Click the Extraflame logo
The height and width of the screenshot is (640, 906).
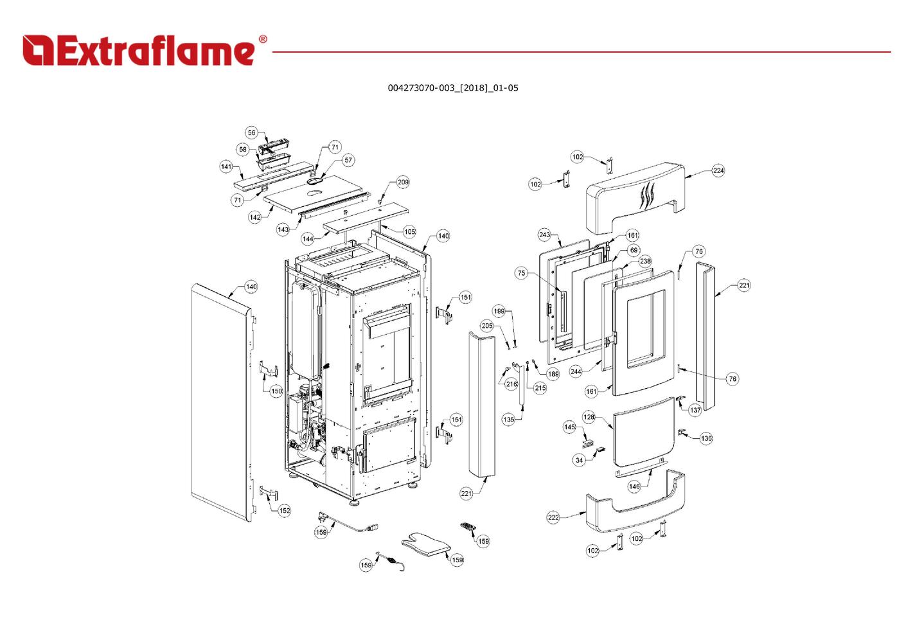click(138, 50)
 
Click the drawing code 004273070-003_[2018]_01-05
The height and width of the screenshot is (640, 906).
click(452, 88)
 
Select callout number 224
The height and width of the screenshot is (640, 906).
click(718, 170)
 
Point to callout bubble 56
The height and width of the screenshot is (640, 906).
click(251, 133)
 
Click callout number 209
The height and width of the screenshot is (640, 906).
click(403, 182)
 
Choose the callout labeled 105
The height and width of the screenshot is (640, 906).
click(409, 231)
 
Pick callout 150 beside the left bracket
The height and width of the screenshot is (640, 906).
click(276, 391)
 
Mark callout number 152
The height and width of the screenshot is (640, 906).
click(284, 510)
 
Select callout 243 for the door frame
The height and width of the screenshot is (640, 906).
click(545, 235)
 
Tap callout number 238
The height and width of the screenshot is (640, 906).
click(645, 261)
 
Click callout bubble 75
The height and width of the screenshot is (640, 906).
click(521, 273)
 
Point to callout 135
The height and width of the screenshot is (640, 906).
click(508, 420)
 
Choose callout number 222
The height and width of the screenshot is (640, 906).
click(553, 517)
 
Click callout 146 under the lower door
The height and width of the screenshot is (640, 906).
click(634, 486)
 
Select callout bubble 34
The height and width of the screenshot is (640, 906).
click(580, 460)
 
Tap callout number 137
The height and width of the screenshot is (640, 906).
click(695, 410)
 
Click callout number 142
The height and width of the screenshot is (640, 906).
click(255, 217)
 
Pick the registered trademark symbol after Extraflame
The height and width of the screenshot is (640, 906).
click(263, 40)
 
